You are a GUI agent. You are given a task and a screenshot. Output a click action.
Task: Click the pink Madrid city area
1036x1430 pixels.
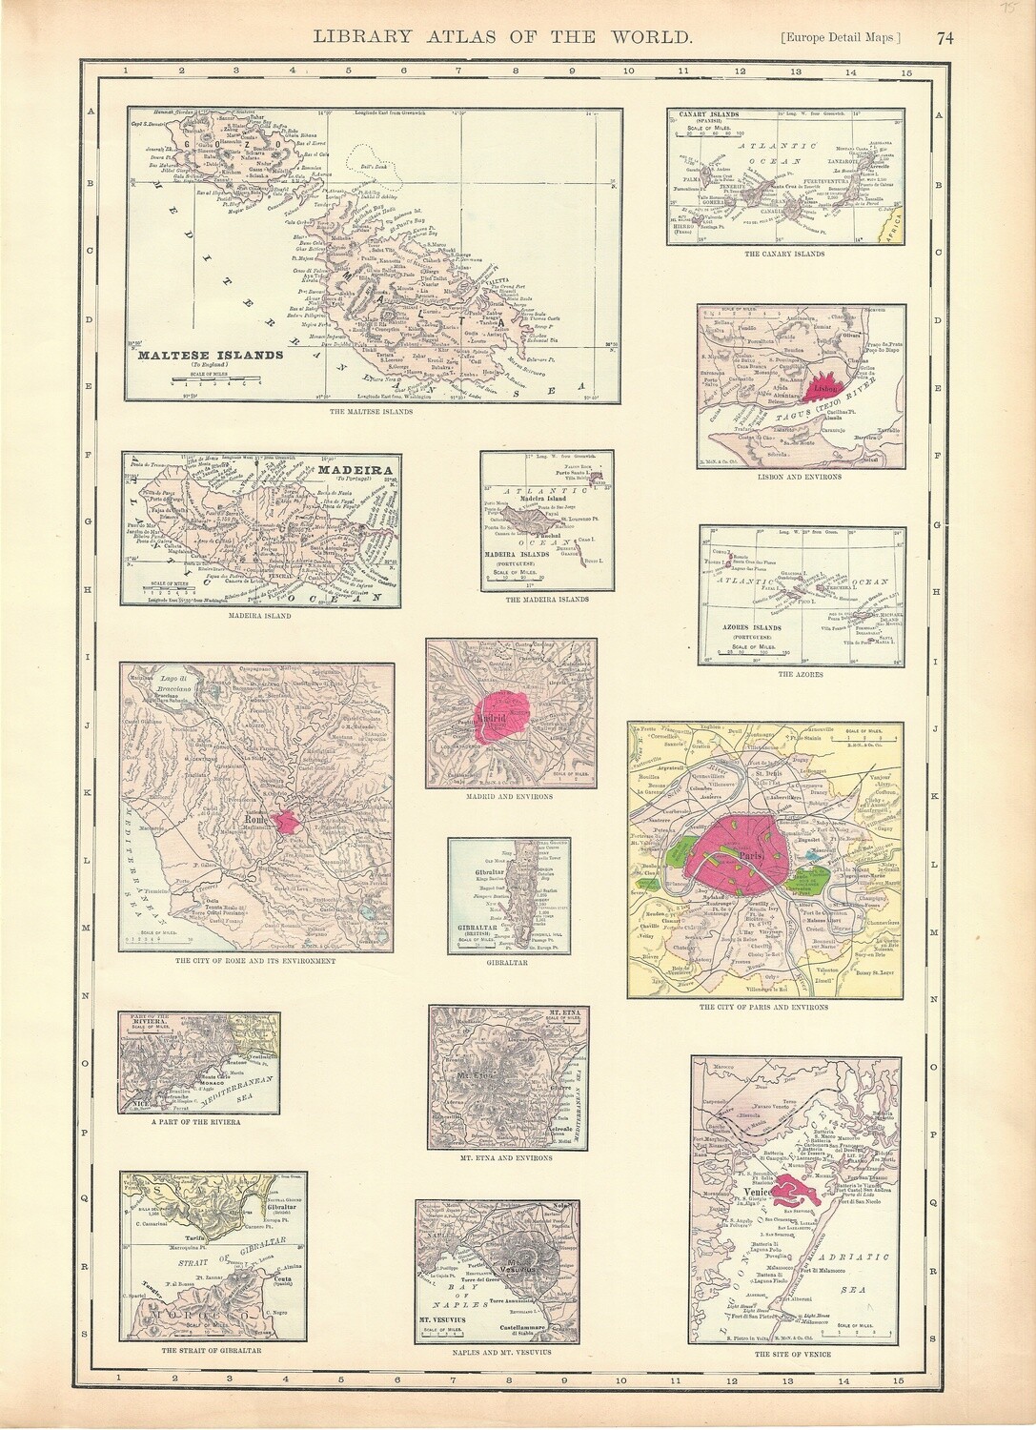pyautogui.click(x=508, y=716)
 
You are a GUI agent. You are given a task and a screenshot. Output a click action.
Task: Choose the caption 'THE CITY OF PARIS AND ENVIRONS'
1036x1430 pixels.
pyautogui.click(x=763, y=1007)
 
